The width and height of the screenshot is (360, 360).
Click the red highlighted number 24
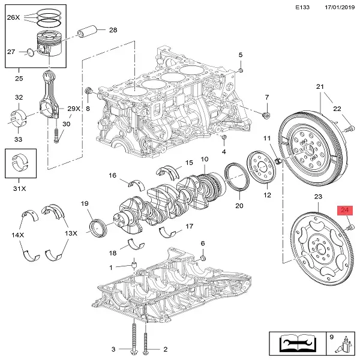click(344, 210)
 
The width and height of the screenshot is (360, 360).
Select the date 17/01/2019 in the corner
click(340, 7)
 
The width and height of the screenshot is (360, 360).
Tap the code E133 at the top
click(302, 7)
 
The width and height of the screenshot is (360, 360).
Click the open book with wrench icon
click(298, 343)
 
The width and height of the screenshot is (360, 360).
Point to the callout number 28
click(113, 30)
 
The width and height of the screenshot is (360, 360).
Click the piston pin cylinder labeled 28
click(88, 32)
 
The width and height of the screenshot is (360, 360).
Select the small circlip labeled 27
click(30, 52)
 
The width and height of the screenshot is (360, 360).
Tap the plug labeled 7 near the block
click(266, 115)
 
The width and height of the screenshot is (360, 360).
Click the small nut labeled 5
click(241, 70)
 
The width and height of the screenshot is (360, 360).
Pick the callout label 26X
click(13, 17)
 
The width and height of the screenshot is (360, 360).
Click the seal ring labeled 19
click(98, 228)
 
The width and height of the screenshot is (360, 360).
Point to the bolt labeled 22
click(349, 129)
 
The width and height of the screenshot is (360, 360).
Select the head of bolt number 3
click(133, 352)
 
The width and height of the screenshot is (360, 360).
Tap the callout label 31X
click(20, 188)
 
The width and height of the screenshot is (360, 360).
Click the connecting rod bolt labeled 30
click(56, 135)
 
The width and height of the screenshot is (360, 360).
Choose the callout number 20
click(239, 205)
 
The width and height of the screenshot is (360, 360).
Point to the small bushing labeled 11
click(278, 161)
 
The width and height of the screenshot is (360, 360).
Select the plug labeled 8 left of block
click(88, 91)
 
